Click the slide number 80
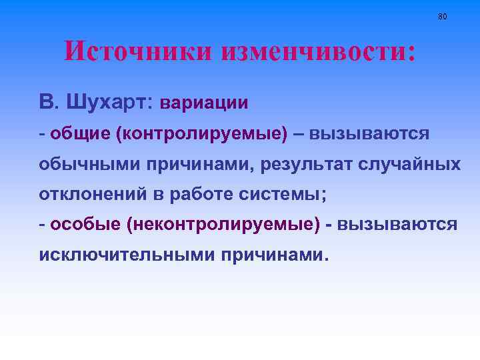pyautogui.click(x=443, y=16)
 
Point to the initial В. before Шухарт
pyautogui.click(x=48, y=102)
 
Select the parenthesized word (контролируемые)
pyautogui.click(x=202, y=133)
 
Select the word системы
pyautogui.click(x=275, y=194)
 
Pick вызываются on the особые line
pyautogui.click(x=397, y=225)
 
